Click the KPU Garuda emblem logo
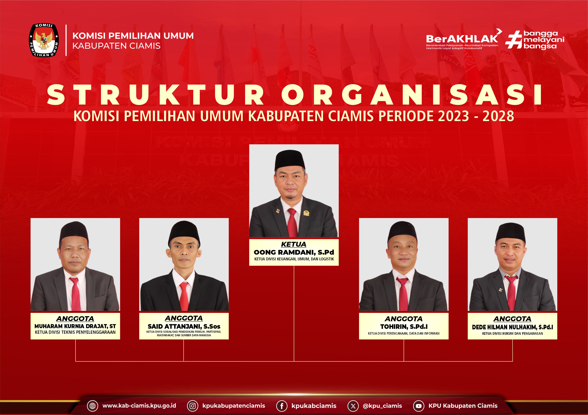pyautogui.click(x=44, y=40)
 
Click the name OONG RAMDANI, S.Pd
pyautogui.click(x=294, y=252)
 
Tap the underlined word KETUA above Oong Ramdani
pyautogui.click(x=293, y=244)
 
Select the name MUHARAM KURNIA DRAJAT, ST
pyautogui.click(x=75, y=326)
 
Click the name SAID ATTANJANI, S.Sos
pyautogui.click(x=184, y=326)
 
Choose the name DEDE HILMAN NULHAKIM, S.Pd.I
pyautogui.click(x=512, y=327)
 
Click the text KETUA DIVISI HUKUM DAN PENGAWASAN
pyautogui.click(x=512, y=333)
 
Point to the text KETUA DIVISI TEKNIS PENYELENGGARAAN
pyautogui.click(x=75, y=332)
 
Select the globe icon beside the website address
pyautogui.click(x=92, y=406)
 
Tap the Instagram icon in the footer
pyautogui.click(x=193, y=406)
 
